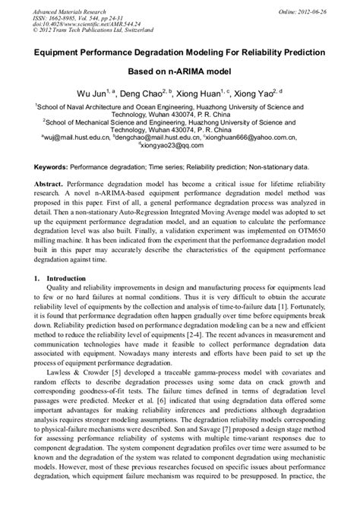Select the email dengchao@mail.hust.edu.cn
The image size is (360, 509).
[158, 139]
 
